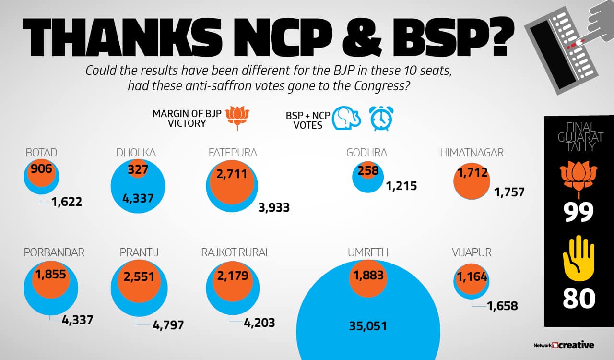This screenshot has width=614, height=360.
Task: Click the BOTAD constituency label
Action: tap(41, 153)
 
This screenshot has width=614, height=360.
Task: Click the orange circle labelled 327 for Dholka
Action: tap(138, 170)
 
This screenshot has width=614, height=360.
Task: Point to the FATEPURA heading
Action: tap(233, 153)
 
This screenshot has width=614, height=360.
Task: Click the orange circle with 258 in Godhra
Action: tap(368, 170)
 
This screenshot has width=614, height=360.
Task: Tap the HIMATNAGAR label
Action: tap(472, 153)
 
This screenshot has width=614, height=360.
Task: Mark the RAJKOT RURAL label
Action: tap(236, 252)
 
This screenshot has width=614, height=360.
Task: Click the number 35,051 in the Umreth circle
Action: tap(368, 326)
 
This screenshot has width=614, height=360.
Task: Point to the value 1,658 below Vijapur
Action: tap(502, 306)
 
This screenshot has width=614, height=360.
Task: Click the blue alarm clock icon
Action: tap(381, 118)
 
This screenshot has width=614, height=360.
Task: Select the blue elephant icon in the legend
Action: tap(346, 118)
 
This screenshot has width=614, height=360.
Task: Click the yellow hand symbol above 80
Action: tap(579, 258)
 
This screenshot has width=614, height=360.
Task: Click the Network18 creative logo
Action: tap(564, 345)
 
